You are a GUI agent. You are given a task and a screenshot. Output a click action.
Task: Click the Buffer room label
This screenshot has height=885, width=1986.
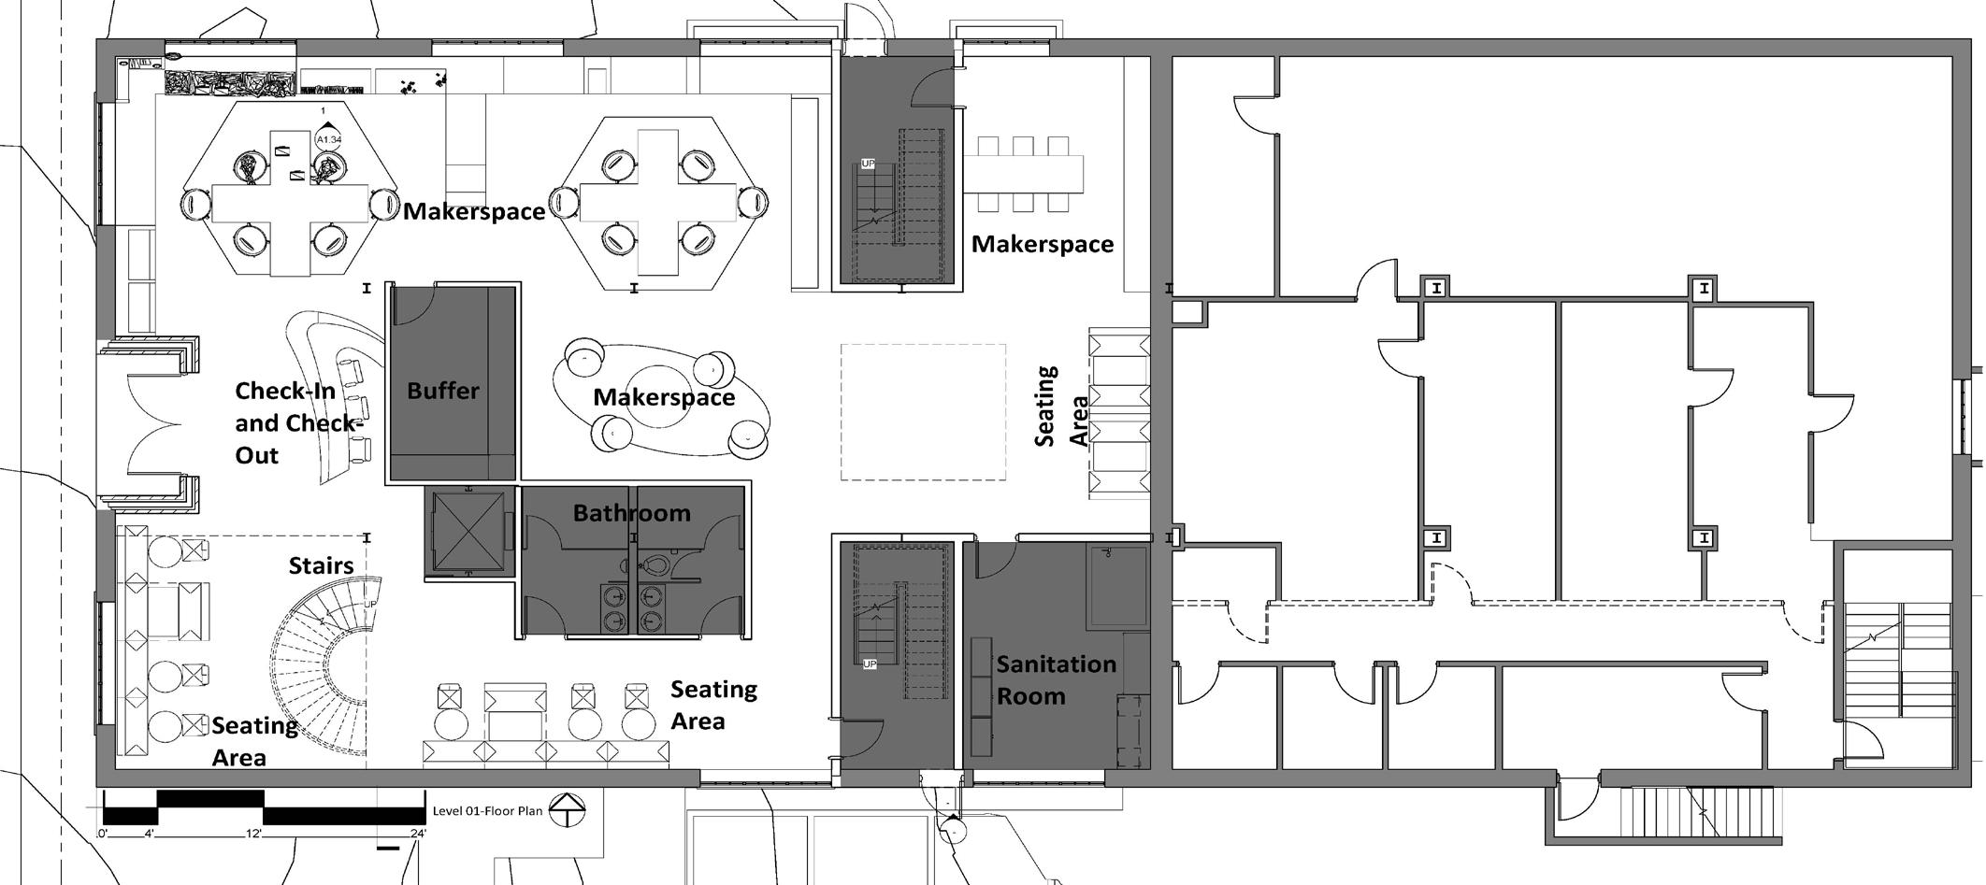(443, 391)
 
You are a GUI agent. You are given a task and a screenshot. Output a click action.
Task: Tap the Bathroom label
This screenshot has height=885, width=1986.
(632, 513)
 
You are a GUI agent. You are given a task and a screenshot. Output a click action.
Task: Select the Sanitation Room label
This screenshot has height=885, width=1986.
(1055, 680)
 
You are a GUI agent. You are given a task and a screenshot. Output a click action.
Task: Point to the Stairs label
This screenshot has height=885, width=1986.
(321, 565)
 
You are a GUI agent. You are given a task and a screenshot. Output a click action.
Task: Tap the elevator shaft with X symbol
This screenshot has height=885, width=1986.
(468, 532)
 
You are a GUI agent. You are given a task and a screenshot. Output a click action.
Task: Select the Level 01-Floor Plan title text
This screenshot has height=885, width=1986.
(487, 811)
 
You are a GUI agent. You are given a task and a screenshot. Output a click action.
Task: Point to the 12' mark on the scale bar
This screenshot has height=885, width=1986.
(255, 834)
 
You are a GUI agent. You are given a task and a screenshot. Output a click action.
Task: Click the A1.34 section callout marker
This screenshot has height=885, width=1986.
(328, 139)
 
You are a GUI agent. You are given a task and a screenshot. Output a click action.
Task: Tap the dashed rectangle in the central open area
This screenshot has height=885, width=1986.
(923, 412)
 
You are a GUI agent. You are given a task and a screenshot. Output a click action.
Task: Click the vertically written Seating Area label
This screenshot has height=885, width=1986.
(1061, 407)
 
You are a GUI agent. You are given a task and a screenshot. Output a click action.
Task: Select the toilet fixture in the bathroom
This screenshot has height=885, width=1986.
(655, 564)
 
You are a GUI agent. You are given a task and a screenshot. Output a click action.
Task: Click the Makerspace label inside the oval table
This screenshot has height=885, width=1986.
(664, 397)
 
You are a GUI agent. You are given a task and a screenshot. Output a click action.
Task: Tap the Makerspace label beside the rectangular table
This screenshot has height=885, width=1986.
(1043, 244)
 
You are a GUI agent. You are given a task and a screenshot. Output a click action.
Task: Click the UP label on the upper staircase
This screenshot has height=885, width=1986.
(868, 164)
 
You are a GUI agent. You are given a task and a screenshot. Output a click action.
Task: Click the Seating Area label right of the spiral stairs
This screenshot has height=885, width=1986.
(713, 706)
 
